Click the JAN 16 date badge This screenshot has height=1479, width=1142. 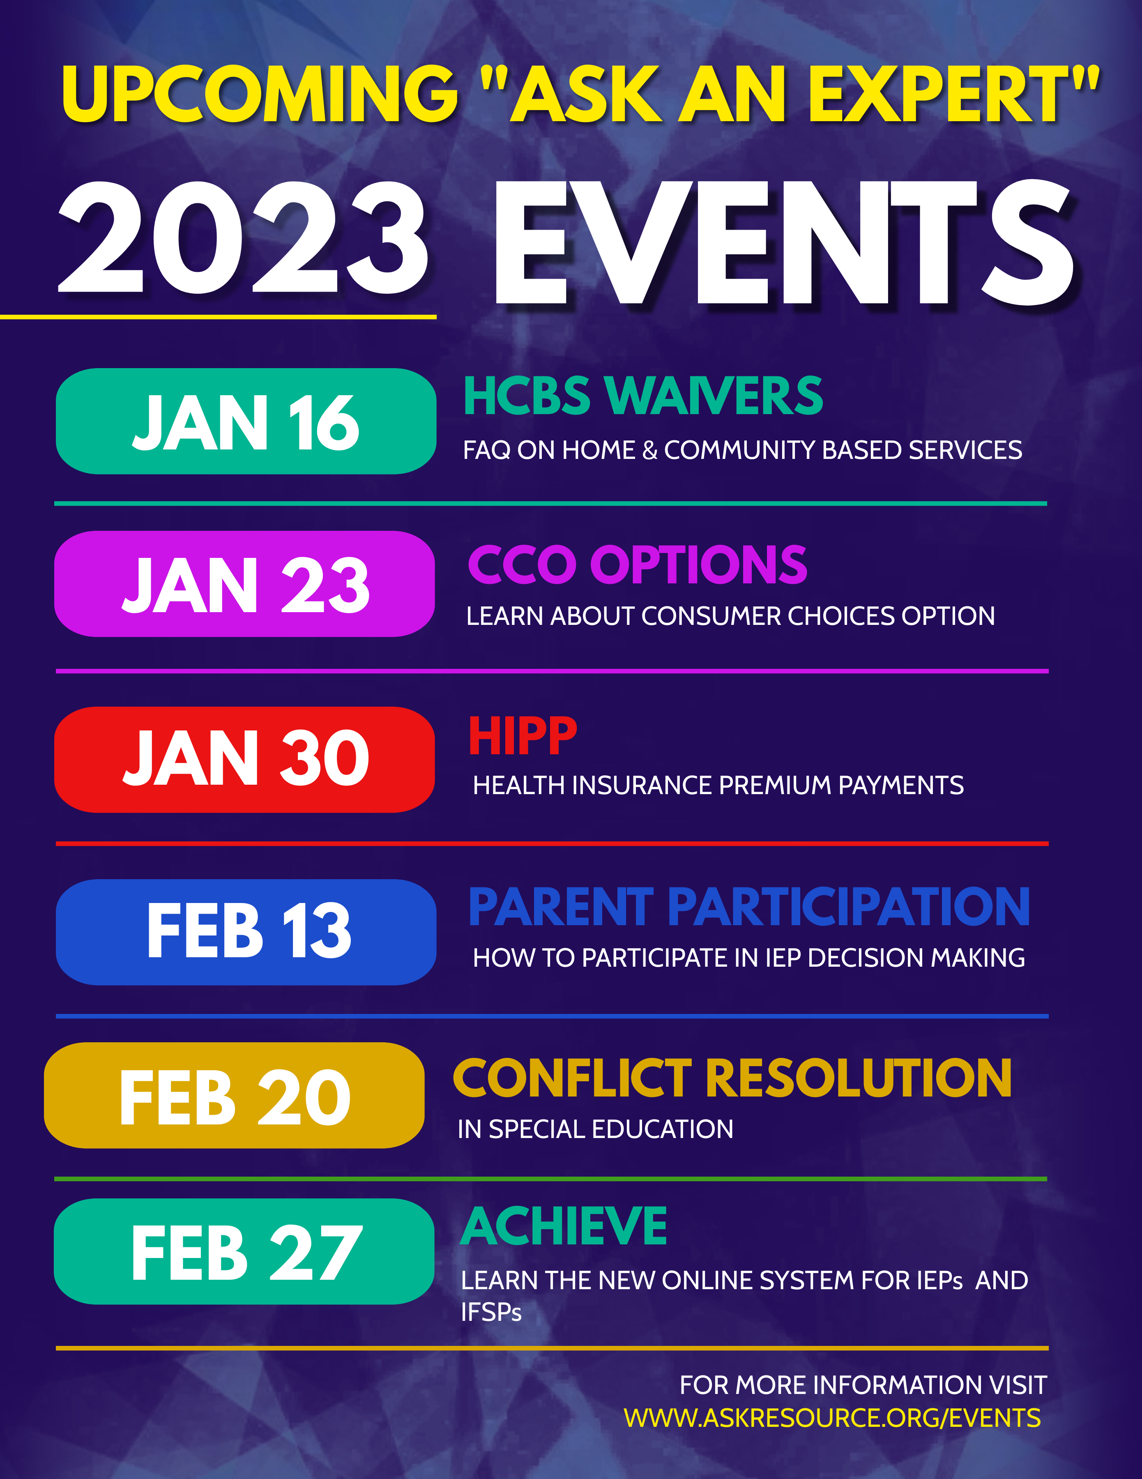coord(246,421)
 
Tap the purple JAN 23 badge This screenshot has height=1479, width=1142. coord(244,584)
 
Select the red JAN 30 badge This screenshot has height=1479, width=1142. coord(244,759)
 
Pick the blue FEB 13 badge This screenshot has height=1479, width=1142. coord(246,932)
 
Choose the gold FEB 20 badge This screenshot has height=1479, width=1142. coord(234,1095)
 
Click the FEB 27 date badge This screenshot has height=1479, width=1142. coord(244,1251)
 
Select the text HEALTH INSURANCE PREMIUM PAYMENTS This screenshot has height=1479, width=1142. coord(718,785)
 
